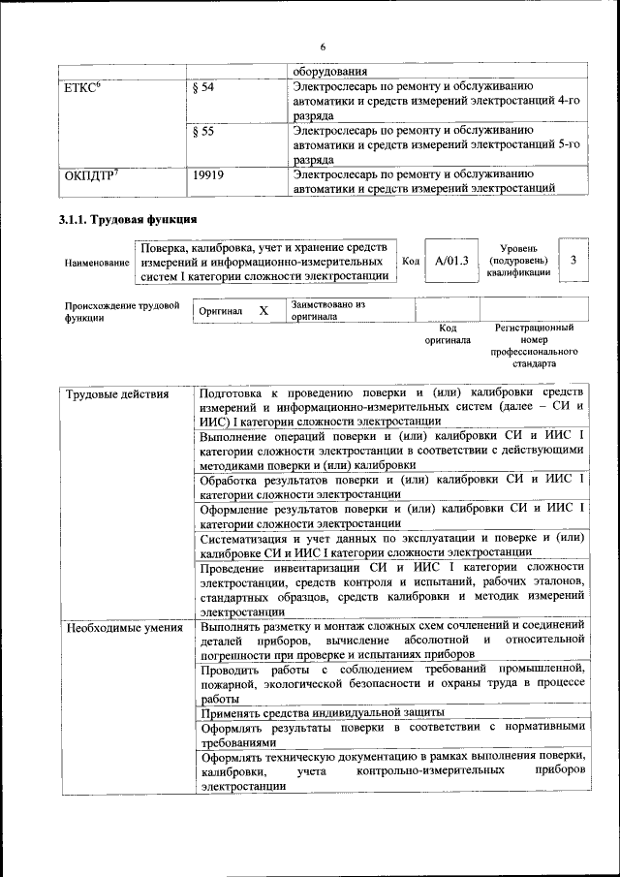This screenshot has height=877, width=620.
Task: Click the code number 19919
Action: click(208, 175)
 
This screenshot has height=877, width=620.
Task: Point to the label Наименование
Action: click(97, 263)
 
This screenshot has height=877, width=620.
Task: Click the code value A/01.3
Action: click(451, 261)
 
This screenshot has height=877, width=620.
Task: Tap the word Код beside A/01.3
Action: click(411, 261)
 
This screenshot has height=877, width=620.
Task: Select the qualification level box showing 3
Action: click(573, 260)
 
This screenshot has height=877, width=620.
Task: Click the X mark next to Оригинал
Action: click(263, 311)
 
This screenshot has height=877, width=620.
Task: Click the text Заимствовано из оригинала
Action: click(327, 310)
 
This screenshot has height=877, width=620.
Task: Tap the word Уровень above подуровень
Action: click(518, 249)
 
